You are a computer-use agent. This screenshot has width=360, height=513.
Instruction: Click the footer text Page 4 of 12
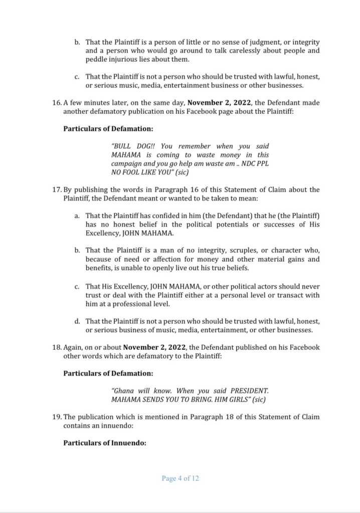[180, 478]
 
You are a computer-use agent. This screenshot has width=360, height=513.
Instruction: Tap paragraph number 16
[56, 103]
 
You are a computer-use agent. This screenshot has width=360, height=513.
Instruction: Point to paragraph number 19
[56, 417]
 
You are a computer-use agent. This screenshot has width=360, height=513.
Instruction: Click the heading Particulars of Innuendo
[105, 442]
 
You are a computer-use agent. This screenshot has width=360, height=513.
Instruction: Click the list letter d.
[77, 321]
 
